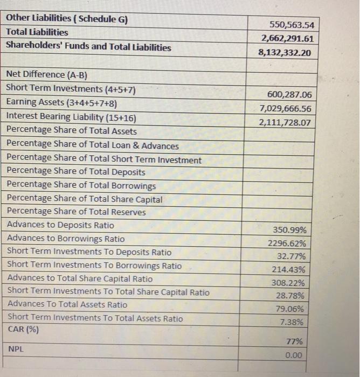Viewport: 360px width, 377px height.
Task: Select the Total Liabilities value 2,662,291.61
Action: (287, 39)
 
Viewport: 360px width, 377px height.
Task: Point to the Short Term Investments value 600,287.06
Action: (289, 95)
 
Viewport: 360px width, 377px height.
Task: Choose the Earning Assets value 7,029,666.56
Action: (286, 109)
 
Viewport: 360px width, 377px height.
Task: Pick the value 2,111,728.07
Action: (286, 122)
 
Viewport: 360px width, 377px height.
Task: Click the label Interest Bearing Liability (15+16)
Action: (71, 117)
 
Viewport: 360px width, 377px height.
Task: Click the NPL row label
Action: (17, 350)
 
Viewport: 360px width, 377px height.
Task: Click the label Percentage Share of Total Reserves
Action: (76, 212)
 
